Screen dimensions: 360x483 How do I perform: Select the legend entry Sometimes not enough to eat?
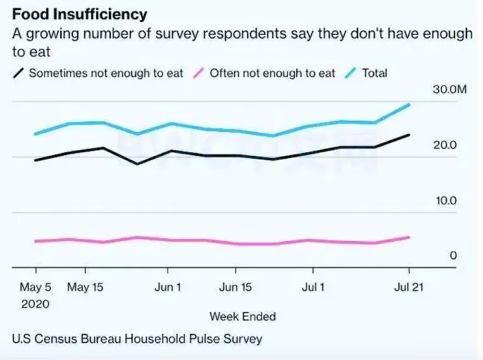105,73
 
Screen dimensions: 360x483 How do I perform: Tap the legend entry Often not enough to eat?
272,73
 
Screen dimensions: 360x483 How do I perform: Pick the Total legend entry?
374,73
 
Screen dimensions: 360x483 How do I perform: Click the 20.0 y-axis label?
445,145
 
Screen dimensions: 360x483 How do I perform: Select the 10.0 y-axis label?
445,201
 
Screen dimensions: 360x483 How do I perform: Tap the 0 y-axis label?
453,255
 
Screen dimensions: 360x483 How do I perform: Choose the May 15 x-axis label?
84,288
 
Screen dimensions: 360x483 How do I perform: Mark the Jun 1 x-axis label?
168,288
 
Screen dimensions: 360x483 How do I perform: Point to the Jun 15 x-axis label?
235,288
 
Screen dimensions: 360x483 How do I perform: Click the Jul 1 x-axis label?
314,288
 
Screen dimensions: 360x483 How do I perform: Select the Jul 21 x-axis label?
407,288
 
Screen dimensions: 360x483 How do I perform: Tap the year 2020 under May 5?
35,304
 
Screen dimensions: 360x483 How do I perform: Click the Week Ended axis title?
242,316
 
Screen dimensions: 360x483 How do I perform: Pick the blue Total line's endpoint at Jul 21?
409,104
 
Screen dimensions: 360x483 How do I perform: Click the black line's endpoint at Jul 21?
409,135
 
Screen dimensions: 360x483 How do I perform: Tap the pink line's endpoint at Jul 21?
409,237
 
